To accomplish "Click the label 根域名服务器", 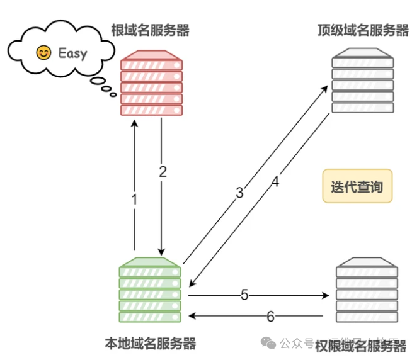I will point(150,30).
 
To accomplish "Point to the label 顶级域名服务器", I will point(363,30).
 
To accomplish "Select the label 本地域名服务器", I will point(150,343).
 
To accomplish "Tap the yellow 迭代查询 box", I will point(357,186).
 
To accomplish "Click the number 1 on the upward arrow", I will point(134,200).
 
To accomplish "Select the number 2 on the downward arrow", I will point(163,172).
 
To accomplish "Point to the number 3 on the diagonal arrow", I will point(239,193).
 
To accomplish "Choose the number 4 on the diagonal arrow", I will point(275,182).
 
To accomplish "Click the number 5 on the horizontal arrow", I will point(244,295).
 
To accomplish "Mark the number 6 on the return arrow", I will point(270,317).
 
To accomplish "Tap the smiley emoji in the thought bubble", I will point(43,52).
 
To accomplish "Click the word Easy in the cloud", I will point(72,52).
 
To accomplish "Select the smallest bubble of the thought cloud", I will point(113,95).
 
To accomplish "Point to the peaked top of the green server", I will point(150,261).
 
